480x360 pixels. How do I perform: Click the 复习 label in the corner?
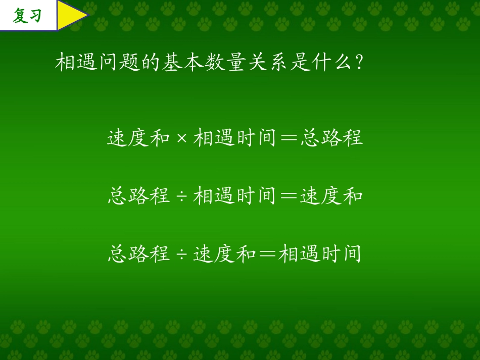pos(27,16)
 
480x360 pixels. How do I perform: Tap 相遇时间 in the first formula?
pos(235,138)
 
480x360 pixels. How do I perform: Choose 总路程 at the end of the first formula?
pos(331,138)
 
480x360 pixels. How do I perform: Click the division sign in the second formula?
pos(182,196)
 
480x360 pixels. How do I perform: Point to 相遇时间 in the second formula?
pos(235,195)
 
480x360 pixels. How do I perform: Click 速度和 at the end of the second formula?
pos(331,195)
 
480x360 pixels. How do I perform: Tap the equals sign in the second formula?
pos(288,196)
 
